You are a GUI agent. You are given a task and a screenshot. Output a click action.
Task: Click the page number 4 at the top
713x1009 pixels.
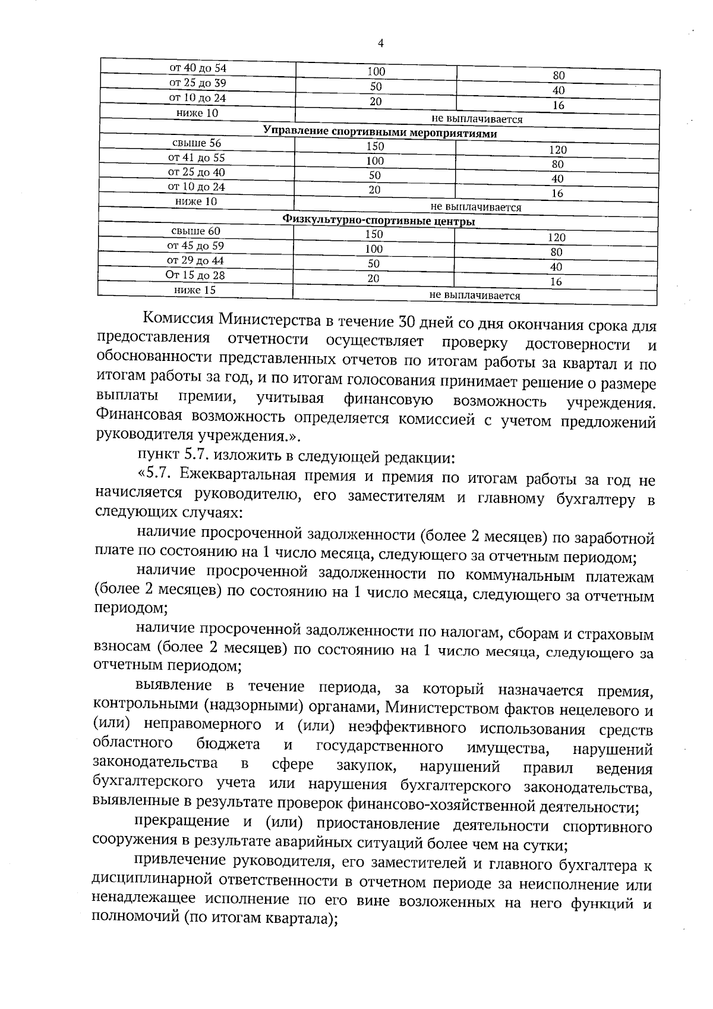380,43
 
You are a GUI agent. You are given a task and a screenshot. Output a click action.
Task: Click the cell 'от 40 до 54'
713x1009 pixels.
198,68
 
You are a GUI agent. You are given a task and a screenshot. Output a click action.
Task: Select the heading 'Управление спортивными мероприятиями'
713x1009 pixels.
380,133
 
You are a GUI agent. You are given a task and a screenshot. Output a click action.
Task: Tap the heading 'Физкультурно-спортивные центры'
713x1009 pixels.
378,221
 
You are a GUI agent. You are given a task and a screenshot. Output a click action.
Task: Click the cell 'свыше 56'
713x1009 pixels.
197,143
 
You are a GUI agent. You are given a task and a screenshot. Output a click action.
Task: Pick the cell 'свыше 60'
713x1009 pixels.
195,231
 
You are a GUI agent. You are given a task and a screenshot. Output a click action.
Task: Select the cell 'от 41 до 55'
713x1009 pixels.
197,158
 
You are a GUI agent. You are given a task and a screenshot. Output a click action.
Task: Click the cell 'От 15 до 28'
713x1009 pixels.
195,275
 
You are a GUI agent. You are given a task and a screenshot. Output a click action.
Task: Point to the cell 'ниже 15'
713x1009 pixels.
195,290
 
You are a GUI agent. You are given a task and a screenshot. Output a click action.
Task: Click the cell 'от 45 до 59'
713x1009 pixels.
195,246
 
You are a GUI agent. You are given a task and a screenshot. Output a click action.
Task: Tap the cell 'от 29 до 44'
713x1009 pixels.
195,260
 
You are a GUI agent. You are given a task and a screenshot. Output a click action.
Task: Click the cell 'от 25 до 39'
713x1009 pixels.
197,83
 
